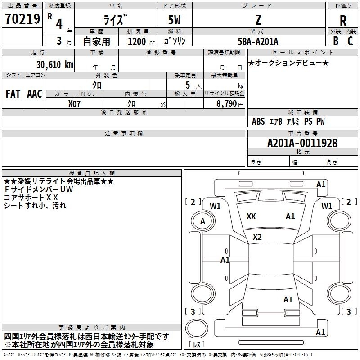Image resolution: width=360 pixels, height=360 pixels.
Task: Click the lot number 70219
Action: click(x=22, y=19)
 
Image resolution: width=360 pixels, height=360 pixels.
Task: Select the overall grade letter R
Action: click(x=343, y=20)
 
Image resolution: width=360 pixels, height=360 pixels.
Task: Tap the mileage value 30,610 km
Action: click(x=54, y=65)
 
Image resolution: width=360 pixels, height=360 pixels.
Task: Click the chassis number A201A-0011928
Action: click(x=302, y=143)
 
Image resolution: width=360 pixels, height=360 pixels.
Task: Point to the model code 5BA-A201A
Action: click(x=258, y=41)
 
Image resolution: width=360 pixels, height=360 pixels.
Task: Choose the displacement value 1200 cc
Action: click(x=141, y=41)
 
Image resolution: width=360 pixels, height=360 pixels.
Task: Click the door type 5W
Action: click(x=174, y=20)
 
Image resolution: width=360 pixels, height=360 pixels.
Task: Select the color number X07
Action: click(x=74, y=104)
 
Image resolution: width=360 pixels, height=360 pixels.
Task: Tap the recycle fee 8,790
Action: click(x=226, y=104)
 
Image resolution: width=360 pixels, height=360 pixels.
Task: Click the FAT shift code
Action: click(x=13, y=94)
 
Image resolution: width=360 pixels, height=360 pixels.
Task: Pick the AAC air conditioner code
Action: click(x=35, y=94)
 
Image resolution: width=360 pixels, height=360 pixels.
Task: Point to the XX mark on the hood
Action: click(x=251, y=216)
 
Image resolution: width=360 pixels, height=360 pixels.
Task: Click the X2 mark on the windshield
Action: click(x=257, y=237)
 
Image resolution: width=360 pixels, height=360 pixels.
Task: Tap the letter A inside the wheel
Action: click(x=202, y=221)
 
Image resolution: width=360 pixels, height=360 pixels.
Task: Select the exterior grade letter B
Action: click(x=336, y=41)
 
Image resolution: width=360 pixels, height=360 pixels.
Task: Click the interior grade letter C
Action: click(x=350, y=41)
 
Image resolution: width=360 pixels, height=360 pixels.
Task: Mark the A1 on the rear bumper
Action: click(x=320, y=332)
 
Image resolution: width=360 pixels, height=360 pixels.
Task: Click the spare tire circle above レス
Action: click(x=197, y=329)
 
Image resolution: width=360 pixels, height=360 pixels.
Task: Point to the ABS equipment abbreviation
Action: click(x=258, y=121)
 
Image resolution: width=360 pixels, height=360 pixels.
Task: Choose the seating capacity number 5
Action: click(x=188, y=85)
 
